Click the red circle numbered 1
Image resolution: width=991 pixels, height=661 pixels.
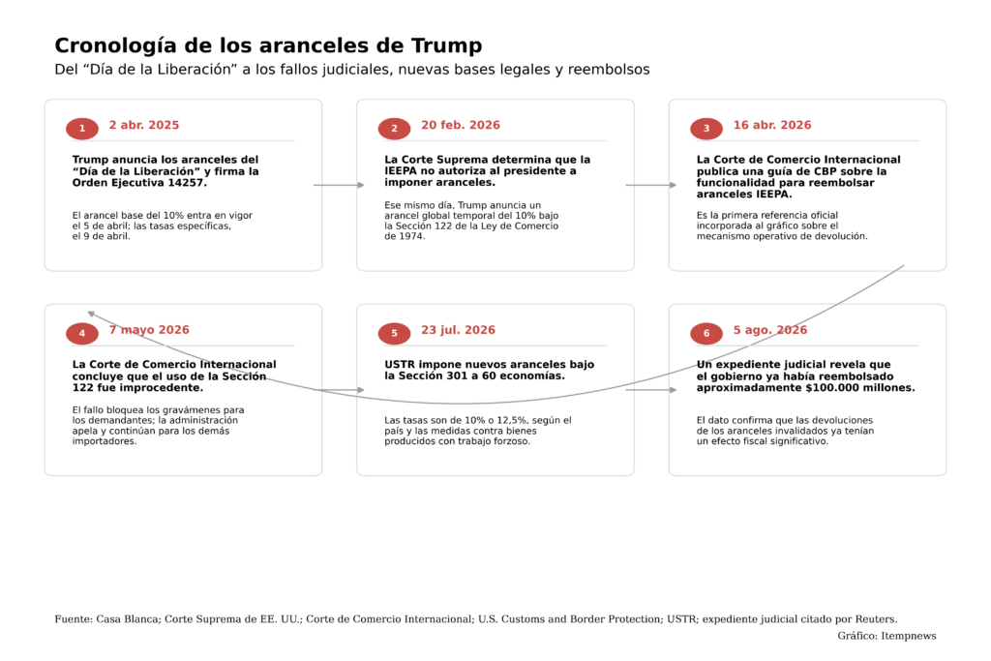(x=82, y=129)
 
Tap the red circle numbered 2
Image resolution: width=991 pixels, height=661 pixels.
(x=395, y=129)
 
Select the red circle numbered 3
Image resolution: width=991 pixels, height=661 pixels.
(x=706, y=129)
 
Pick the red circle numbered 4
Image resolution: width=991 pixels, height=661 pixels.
(x=82, y=334)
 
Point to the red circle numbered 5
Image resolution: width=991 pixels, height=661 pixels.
(x=395, y=334)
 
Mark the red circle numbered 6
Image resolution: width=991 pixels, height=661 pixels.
(x=706, y=334)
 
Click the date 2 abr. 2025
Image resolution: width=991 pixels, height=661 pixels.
(x=144, y=125)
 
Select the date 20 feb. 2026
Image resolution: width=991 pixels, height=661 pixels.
(x=461, y=125)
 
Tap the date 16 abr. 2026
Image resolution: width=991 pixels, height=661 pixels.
(x=772, y=125)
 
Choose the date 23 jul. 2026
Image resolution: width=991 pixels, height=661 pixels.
(x=458, y=330)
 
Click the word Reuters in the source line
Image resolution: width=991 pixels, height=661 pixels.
(x=875, y=619)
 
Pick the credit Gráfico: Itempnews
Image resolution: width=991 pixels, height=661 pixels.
(x=886, y=636)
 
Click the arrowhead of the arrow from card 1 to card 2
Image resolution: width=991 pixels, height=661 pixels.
(x=361, y=185)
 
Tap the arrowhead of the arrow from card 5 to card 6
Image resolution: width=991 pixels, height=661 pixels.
(x=674, y=390)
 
